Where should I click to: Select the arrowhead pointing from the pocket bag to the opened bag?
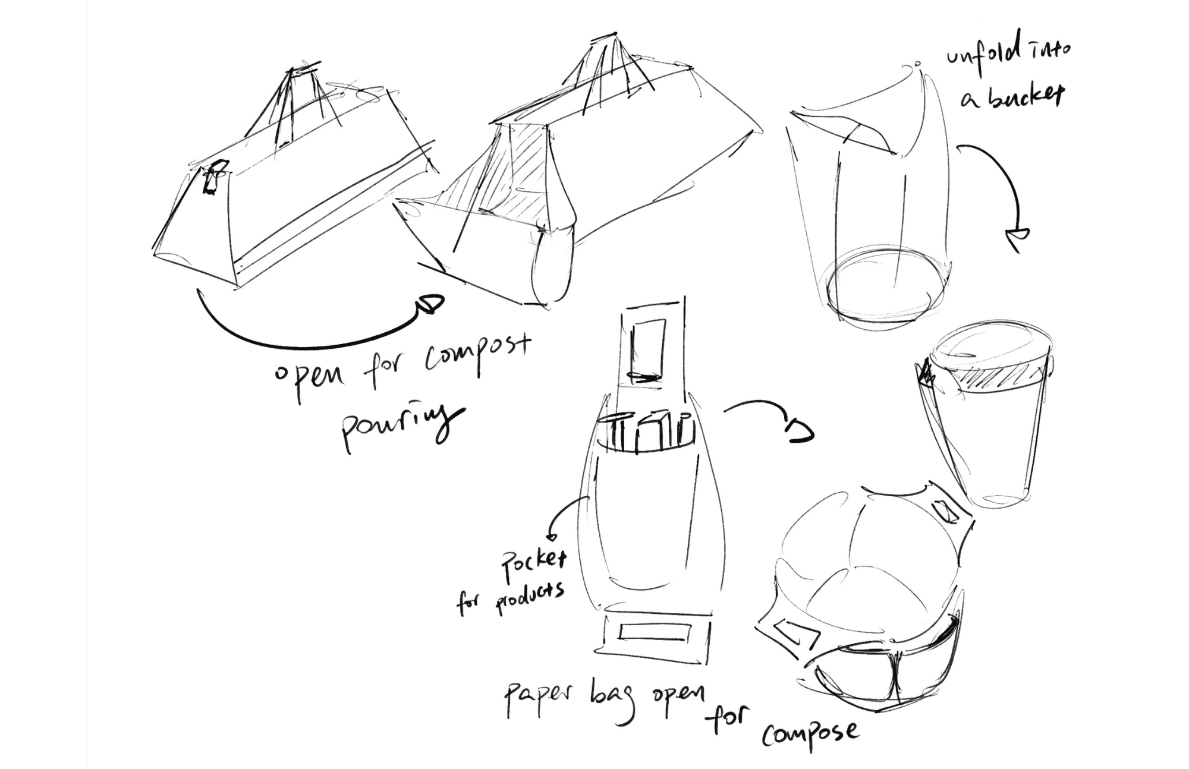click(x=800, y=432)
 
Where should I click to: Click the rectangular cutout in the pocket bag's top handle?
click(x=647, y=350)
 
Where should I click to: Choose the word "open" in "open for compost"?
click(x=309, y=378)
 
